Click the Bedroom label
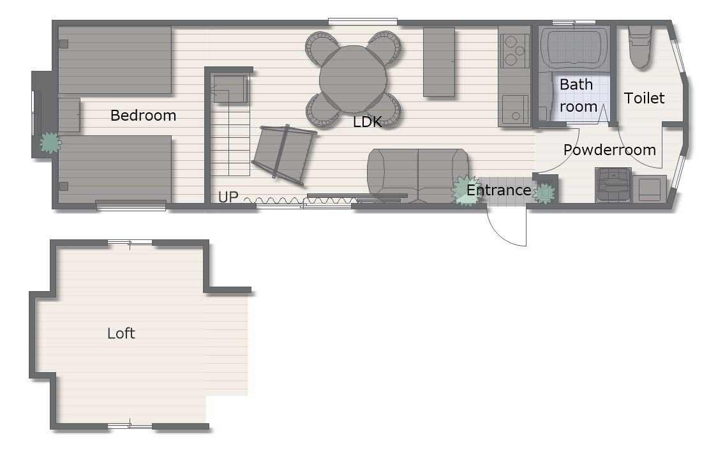(x=143, y=116)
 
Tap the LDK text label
(x=367, y=121)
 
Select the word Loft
(x=121, y=333)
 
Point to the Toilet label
(x=645, y=98)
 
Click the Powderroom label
(x=609, y=149)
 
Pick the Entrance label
(x=499, y=190)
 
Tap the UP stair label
(x=228, y=197)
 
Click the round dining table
(x=354, y=79)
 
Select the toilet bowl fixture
(x=639, y=47)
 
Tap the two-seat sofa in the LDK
(x=418, y=176)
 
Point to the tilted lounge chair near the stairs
(x=284, y=154)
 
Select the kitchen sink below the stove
(x=515, y=110)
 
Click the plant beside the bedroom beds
(x=50, y=143)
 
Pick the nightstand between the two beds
(x=69, y=115)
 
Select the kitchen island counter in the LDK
(x=439, y=62)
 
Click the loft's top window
(x=130, y=243)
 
